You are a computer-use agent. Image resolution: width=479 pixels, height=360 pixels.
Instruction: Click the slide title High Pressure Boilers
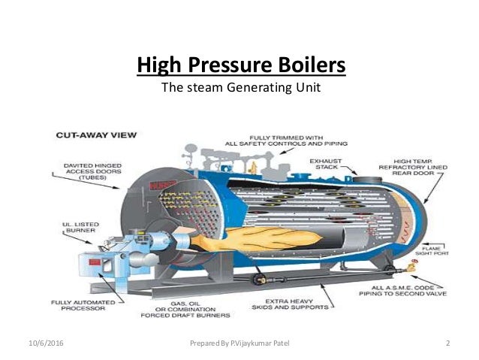[x=241, y=65]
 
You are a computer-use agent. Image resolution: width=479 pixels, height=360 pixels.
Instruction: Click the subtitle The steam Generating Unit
[x=241, y=89]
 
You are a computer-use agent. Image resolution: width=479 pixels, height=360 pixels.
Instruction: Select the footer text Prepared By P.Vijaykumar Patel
[x=239, y=343]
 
